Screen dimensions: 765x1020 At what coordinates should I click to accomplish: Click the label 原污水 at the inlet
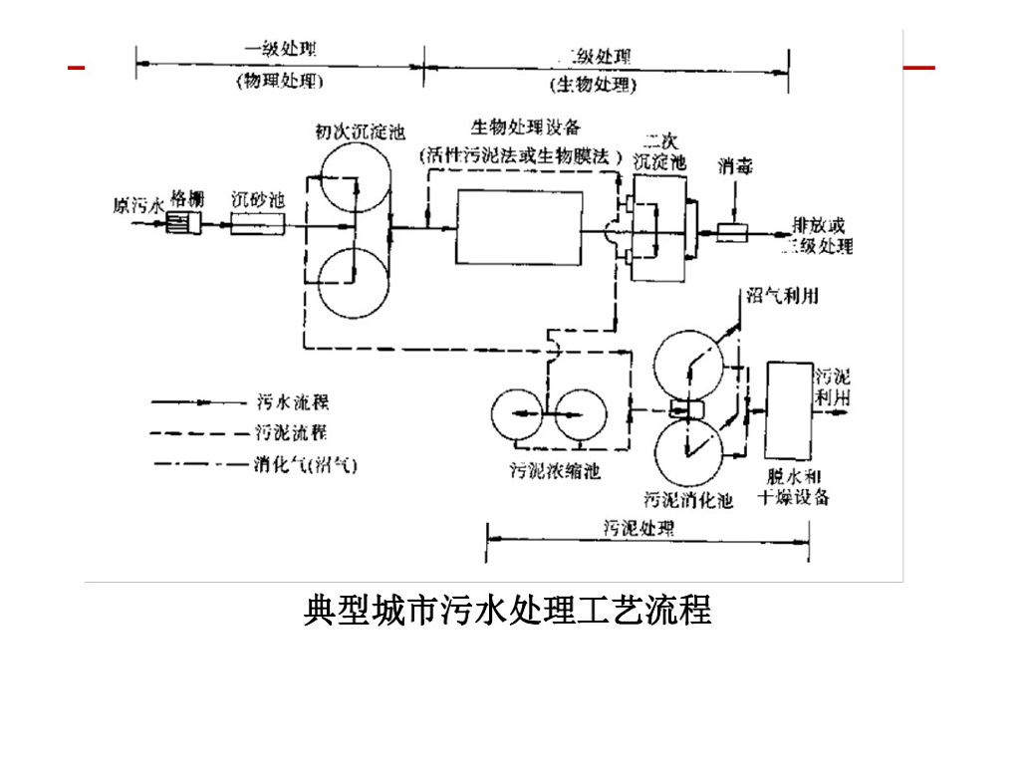137,206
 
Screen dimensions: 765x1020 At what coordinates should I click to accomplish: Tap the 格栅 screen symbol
185,225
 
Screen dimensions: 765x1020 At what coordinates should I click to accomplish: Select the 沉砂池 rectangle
257,225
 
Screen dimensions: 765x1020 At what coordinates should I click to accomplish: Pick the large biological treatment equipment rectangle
519,228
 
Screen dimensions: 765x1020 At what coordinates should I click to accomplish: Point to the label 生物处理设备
525,128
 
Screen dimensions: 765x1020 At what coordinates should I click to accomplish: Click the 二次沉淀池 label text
659,152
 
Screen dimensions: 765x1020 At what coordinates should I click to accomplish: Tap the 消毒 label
736,166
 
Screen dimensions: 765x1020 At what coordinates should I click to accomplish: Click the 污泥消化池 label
688,499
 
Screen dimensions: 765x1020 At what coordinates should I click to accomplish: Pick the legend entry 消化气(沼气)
305,464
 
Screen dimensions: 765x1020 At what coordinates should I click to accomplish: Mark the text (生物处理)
595,85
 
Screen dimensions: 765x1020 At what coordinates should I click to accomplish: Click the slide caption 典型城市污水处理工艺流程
507,610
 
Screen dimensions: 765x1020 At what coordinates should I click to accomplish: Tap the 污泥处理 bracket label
639,528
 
